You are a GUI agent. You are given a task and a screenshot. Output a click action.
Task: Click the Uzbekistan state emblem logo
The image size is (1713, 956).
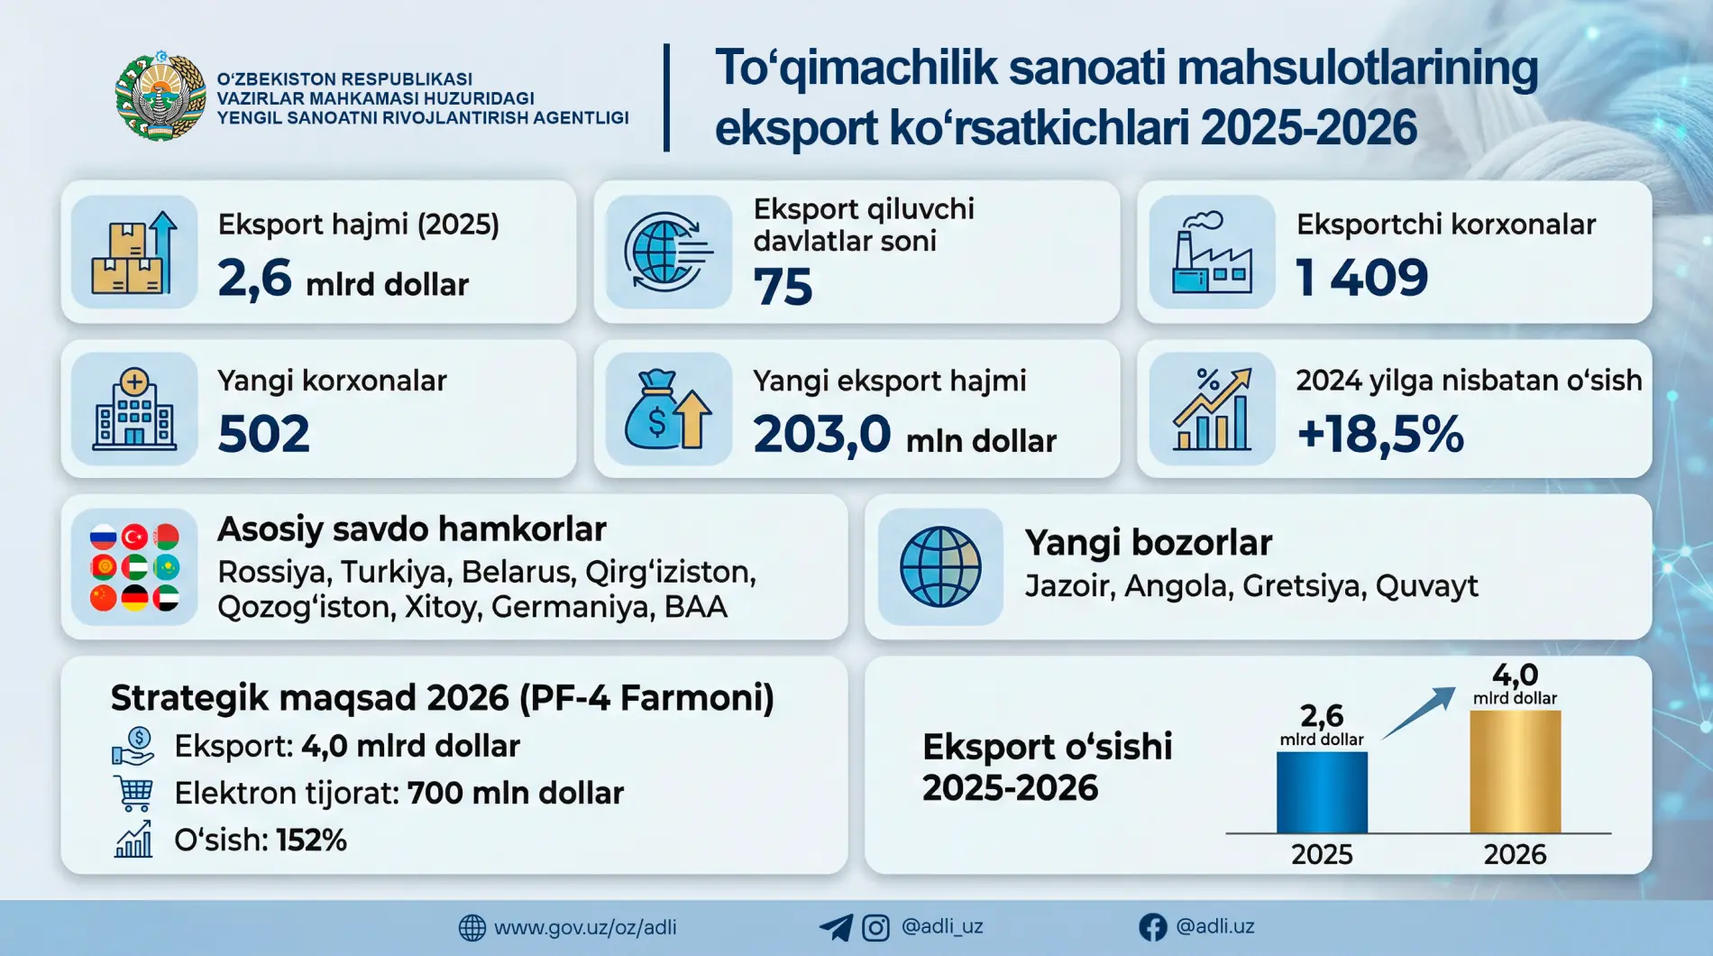[x=160, y=97]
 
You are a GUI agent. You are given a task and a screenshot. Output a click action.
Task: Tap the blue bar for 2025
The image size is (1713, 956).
[x=1322, y=792]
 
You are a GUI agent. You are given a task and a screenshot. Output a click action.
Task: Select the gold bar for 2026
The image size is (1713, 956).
[x=1515, y=772]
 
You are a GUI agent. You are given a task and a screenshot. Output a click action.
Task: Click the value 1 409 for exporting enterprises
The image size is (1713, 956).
[x=1361, y=277]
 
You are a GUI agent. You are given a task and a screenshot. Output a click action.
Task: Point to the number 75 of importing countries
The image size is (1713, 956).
[x=783, y=287]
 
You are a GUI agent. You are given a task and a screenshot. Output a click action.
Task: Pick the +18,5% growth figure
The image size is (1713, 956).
[x=1379, y=434]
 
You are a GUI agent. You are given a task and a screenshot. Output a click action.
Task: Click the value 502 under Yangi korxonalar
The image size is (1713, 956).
[x=263, y=434]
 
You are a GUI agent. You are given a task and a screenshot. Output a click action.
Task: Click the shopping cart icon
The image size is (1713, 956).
[x=133, y=793]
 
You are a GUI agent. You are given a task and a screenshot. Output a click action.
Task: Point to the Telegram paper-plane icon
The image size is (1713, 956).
[x=836, y=927]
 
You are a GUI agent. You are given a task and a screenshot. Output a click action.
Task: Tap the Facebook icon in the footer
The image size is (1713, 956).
[x=1152, y=927]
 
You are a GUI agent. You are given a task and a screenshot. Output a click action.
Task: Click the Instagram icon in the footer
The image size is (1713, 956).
[x=875, y=927]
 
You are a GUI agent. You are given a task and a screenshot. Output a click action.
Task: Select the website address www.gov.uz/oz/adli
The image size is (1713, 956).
[x=585, y=927]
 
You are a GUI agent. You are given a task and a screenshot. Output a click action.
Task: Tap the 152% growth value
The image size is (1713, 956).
[x=311, y=841]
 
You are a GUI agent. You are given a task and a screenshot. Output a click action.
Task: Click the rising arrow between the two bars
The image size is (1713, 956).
[x=1419, y=712]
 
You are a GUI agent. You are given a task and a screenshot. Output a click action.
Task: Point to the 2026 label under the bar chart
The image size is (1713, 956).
[x=1515, y=854]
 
